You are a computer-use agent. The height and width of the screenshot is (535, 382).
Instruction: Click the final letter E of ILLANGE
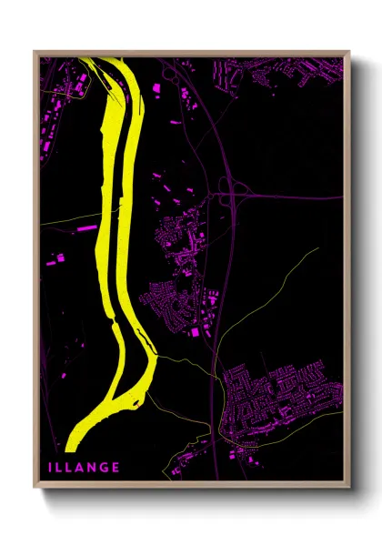[116, 468]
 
